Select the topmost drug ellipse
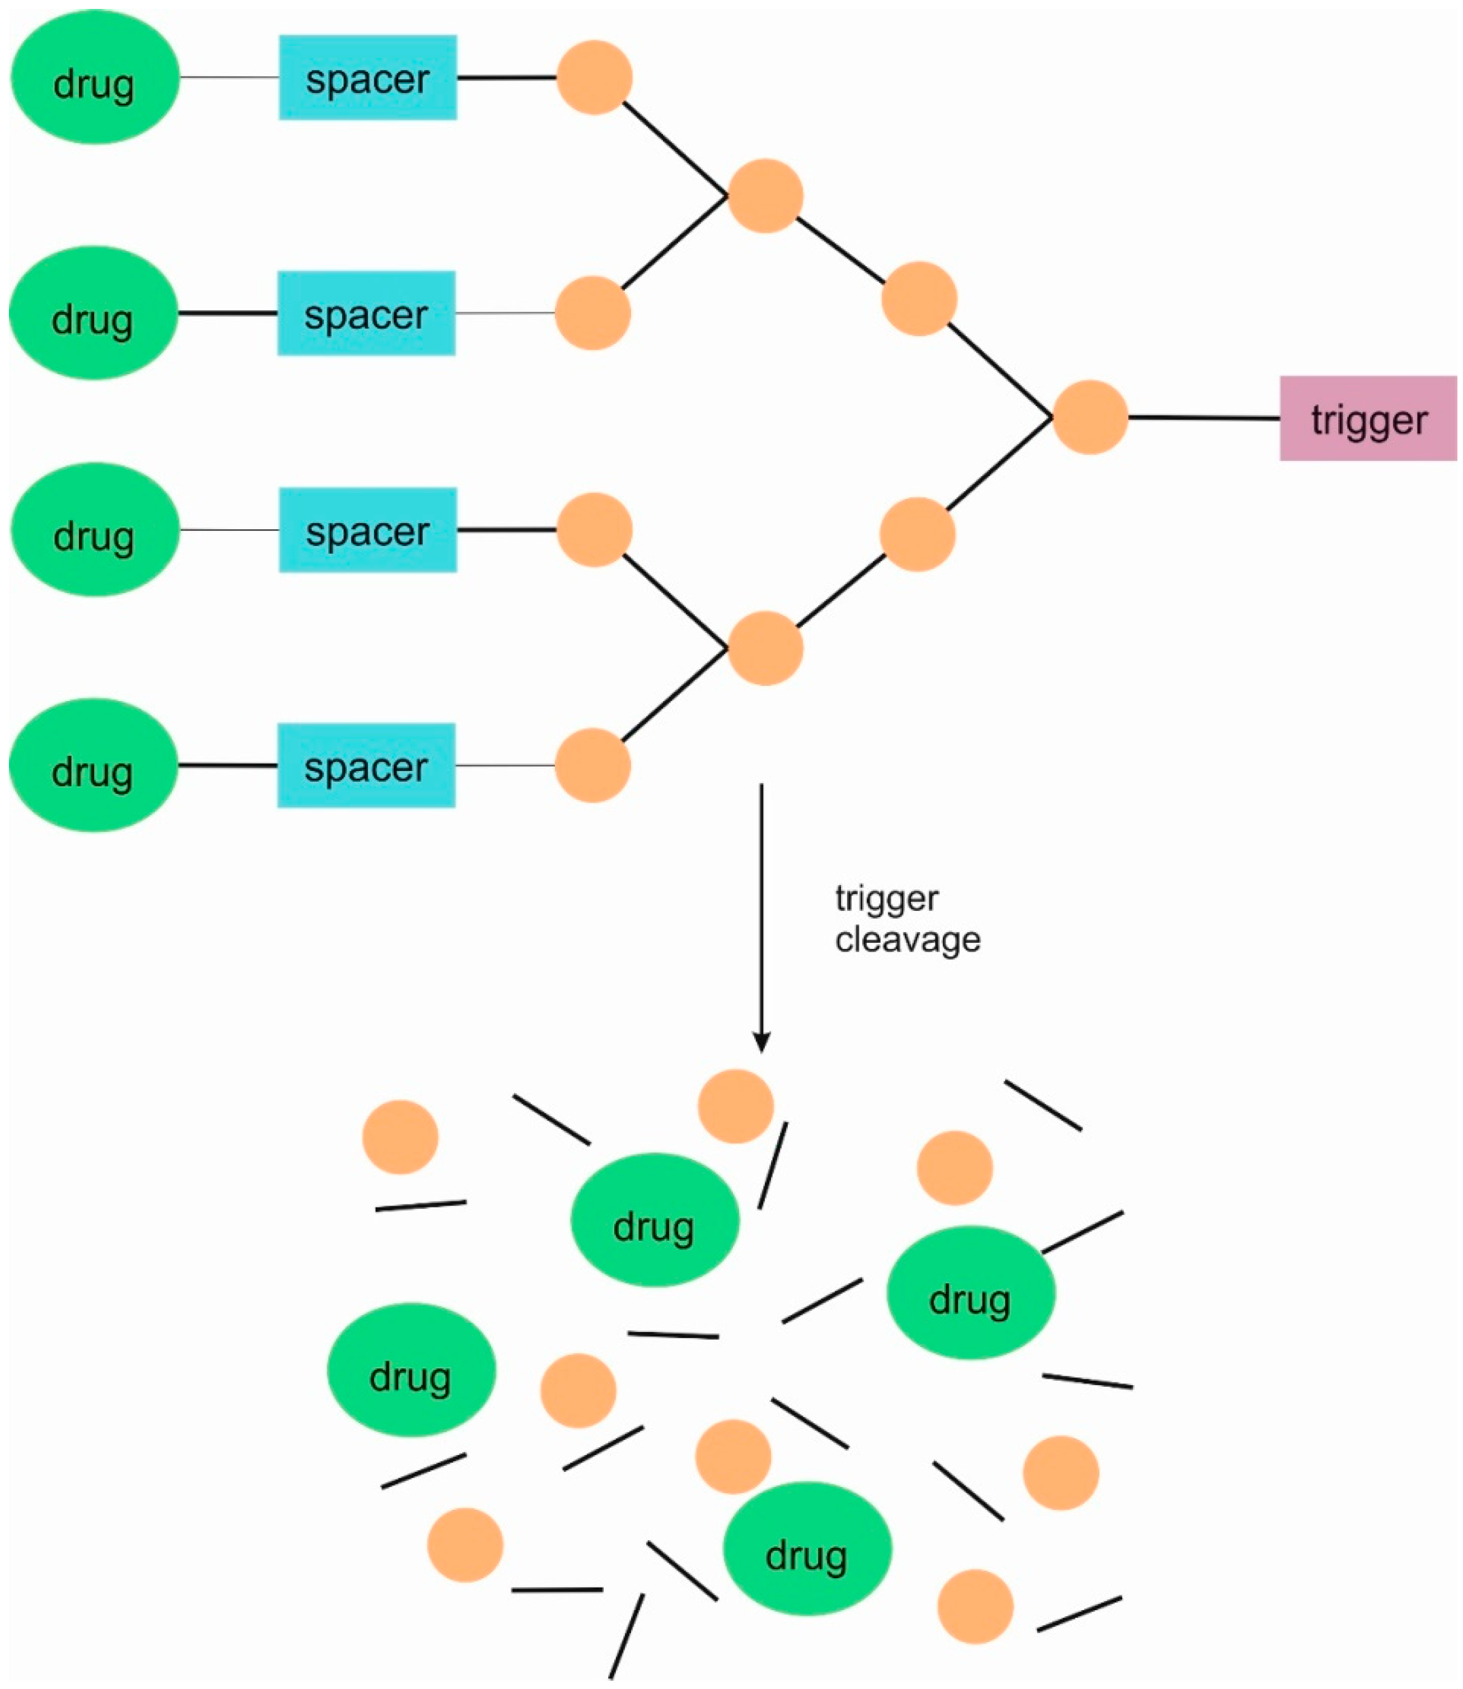[95, 78]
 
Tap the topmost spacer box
[368, 78]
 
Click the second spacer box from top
[366, 313]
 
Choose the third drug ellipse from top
[95, 530]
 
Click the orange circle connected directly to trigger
[1090, 417]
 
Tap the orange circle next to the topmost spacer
[594, 78]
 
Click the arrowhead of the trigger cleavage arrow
[761, 1043]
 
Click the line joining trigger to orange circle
[1203, 417]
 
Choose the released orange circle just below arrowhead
[736, 1106]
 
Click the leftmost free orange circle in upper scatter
[400, 1137]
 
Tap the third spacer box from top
[368, 530]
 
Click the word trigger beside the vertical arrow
[886, 899]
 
